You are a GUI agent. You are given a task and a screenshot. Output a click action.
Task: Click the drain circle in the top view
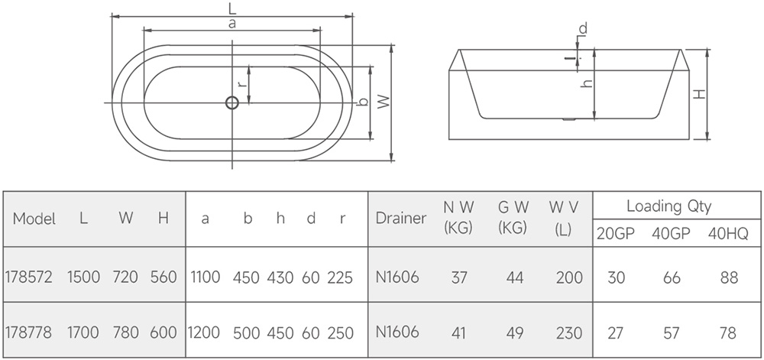[231, 102]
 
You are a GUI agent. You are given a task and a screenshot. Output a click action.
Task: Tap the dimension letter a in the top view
[231, 24]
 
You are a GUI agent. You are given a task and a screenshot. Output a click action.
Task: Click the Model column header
[34, 219]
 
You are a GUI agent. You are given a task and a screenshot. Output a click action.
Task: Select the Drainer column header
[401, 218]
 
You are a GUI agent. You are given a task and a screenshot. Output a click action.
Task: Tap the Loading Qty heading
[668, 206]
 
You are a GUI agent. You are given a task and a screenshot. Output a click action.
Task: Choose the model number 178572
[28, 277]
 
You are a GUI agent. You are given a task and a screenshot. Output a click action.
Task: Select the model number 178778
[28, 332]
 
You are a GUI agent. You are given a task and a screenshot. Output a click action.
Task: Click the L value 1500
[83, 277]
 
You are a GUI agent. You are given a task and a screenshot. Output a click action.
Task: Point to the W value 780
[125, 332]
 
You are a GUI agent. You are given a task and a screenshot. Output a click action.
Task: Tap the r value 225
[340, 277]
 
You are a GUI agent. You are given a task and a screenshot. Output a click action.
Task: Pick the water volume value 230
[569, 332]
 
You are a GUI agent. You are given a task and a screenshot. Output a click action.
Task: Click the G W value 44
[515, 277]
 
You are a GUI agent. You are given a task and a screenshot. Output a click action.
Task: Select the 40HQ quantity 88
[729, 277]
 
